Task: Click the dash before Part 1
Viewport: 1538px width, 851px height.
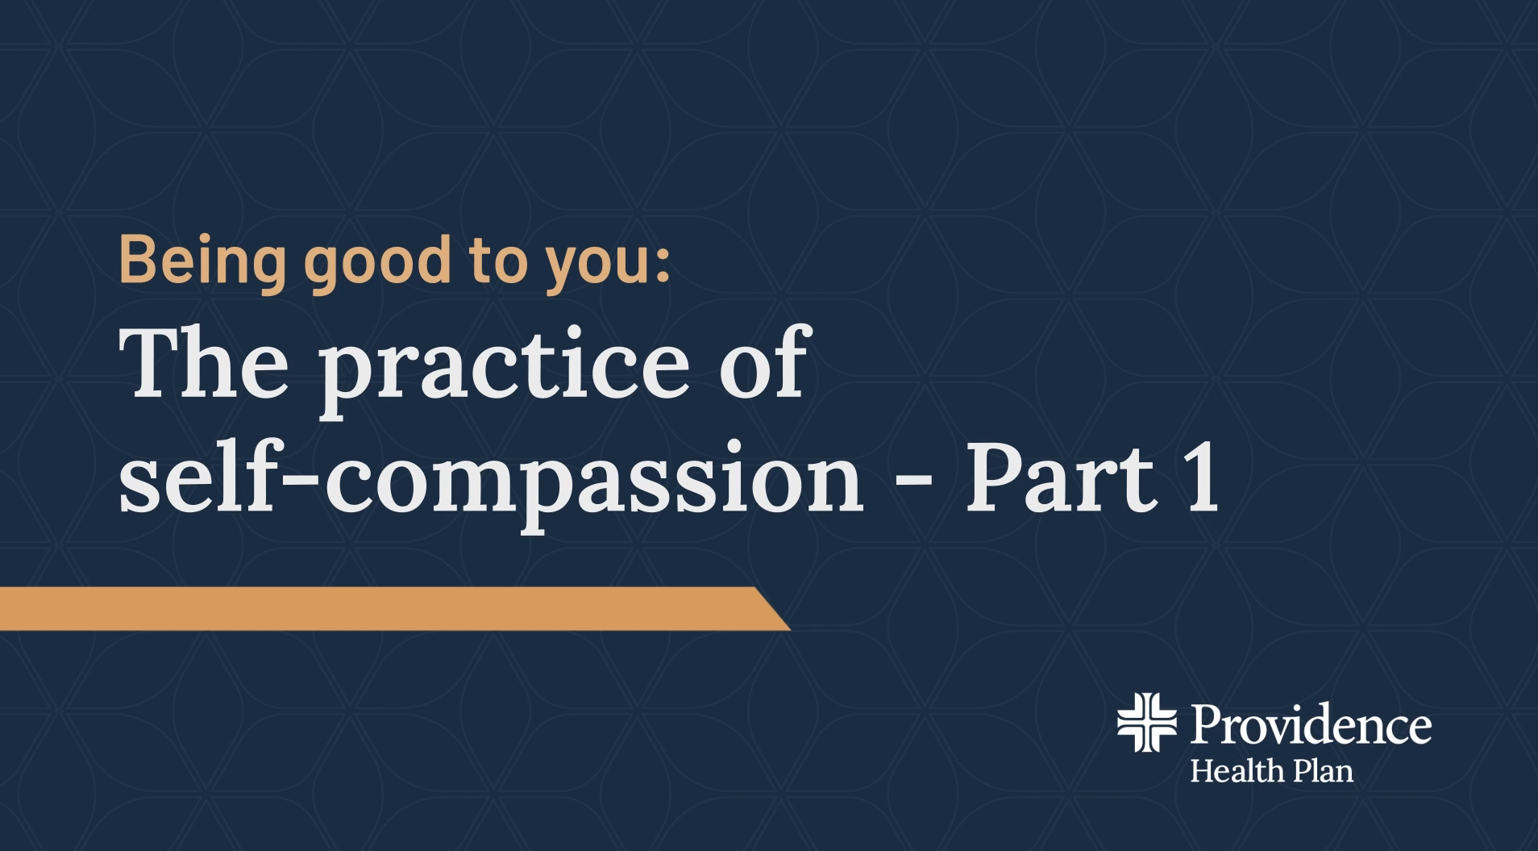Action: click(914, 484)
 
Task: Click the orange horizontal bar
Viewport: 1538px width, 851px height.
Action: click(394, 608)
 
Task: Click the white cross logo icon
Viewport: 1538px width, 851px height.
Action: click(1146, 722)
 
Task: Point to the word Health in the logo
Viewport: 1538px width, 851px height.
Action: click(1237, 771)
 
